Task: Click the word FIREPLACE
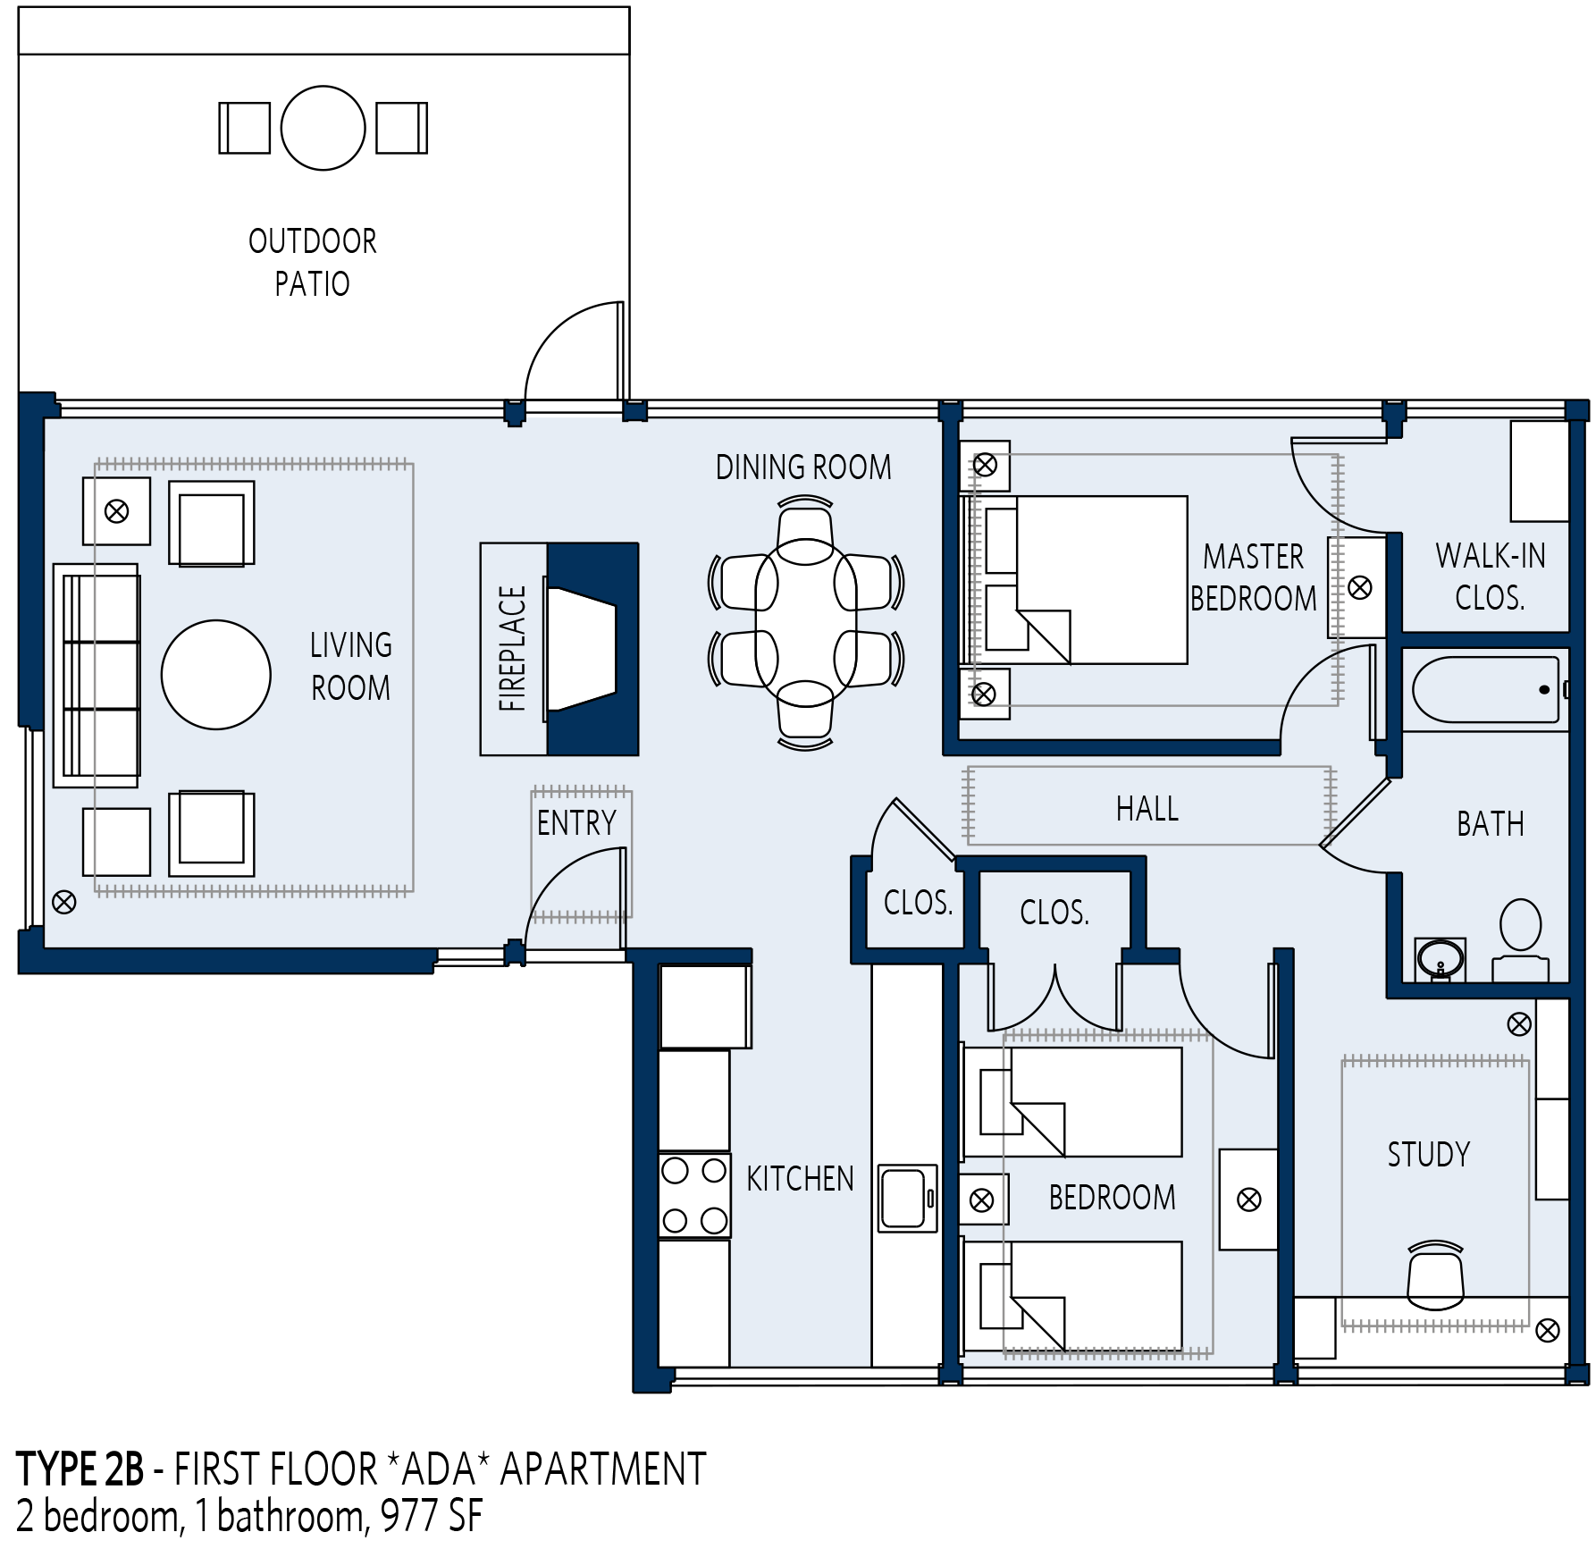513,649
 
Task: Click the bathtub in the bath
1485,690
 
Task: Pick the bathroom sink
1440,960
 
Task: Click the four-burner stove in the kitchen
694,1195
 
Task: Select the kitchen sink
907,1198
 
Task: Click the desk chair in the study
1435,1275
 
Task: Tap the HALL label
1147,809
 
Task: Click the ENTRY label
576,822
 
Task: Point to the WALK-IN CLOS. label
1491,577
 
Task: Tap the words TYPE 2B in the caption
80,1470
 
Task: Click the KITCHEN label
800,1179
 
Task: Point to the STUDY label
1428,1155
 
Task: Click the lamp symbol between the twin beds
981,1200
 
